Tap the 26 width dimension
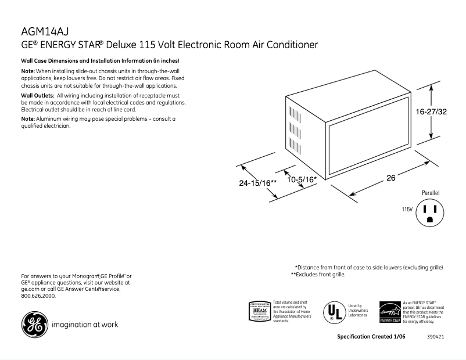[391, 178]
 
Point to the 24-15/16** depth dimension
[257, 183]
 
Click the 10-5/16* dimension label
[302, 179]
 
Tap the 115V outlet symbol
[430, 213]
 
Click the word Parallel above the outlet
[431, 192]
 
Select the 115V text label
[407, 209]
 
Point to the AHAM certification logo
[259, 311]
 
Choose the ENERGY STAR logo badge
[390, 312]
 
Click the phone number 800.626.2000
[38, 296]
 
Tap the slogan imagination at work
[85, 325]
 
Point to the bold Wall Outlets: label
[38, 95]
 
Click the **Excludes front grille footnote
[318, 274]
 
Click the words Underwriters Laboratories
[358, 312]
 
